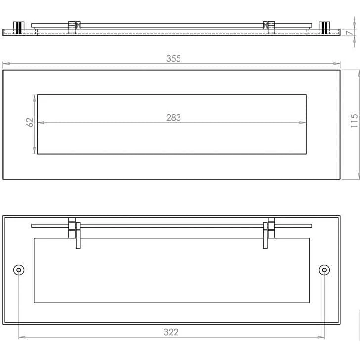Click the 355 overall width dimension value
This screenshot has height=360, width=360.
(x=174, y=58)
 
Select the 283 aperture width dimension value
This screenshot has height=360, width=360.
(x=174, y=117)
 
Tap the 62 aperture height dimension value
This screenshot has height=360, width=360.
(x=30, y=122)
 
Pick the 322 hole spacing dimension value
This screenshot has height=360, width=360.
(x=171, y=332)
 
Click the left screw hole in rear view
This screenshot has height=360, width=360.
(x=19, y=270)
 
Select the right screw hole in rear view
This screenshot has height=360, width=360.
(x=324, y=270)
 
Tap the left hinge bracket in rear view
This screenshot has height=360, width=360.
(x=75, y=231)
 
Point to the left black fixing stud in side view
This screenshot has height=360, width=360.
(x=19, y=28)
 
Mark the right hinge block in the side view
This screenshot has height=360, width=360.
(x=269, y=27)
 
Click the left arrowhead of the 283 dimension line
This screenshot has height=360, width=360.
(x=40, y=122)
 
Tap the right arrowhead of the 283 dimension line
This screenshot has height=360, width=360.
(x=303, y=122)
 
